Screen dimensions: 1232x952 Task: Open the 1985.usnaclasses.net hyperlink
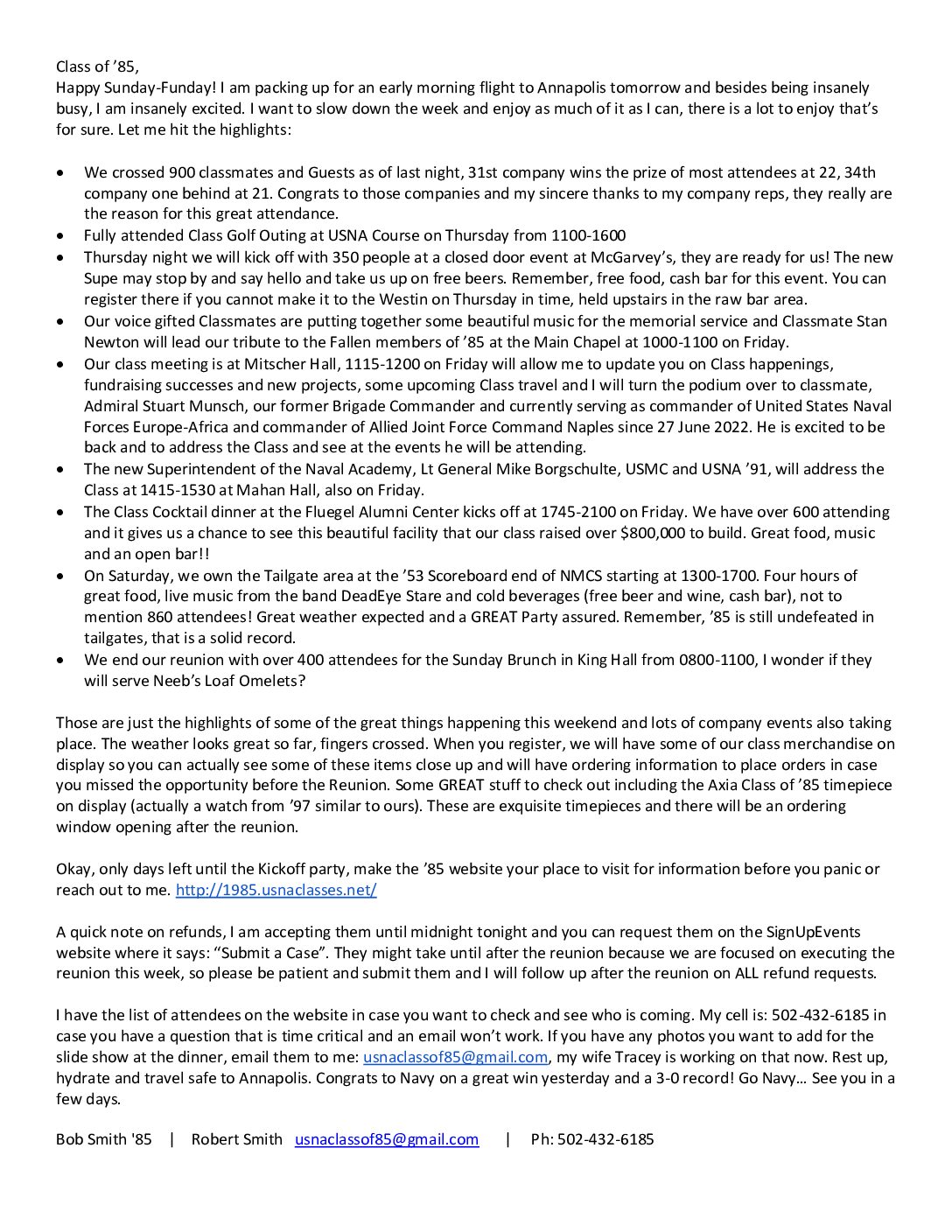276,890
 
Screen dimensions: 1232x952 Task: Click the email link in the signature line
387,1139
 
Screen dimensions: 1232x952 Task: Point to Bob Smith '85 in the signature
103,1139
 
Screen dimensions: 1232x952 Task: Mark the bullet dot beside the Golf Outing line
59,236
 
